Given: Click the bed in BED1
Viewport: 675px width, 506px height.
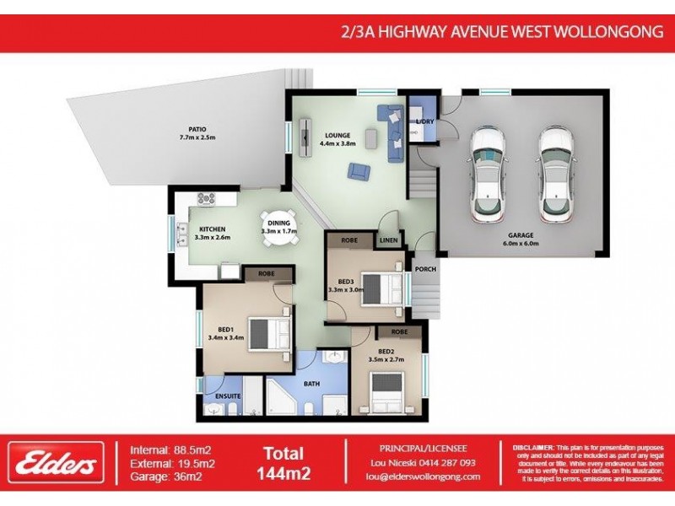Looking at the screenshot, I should [268, 331].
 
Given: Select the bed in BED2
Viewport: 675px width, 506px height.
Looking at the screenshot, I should [394, 389].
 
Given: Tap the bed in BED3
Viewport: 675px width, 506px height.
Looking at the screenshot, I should [382, 287].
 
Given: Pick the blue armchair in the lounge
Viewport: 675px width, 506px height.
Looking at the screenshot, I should [359, 171].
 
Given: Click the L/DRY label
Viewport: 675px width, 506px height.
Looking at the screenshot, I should [424, 122].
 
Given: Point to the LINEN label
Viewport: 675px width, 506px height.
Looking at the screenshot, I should [388, 240].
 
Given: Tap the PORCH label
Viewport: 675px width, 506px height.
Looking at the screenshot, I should [425, 270].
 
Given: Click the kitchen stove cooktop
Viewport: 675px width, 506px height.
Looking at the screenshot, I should [206, 198].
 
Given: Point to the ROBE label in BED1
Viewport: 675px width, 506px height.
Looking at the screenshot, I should [267, 274].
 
